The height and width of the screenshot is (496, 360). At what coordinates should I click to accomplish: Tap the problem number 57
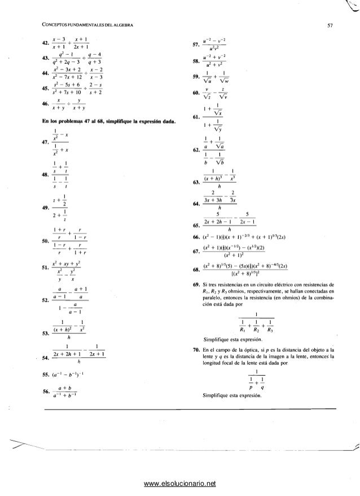point(196,43)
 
